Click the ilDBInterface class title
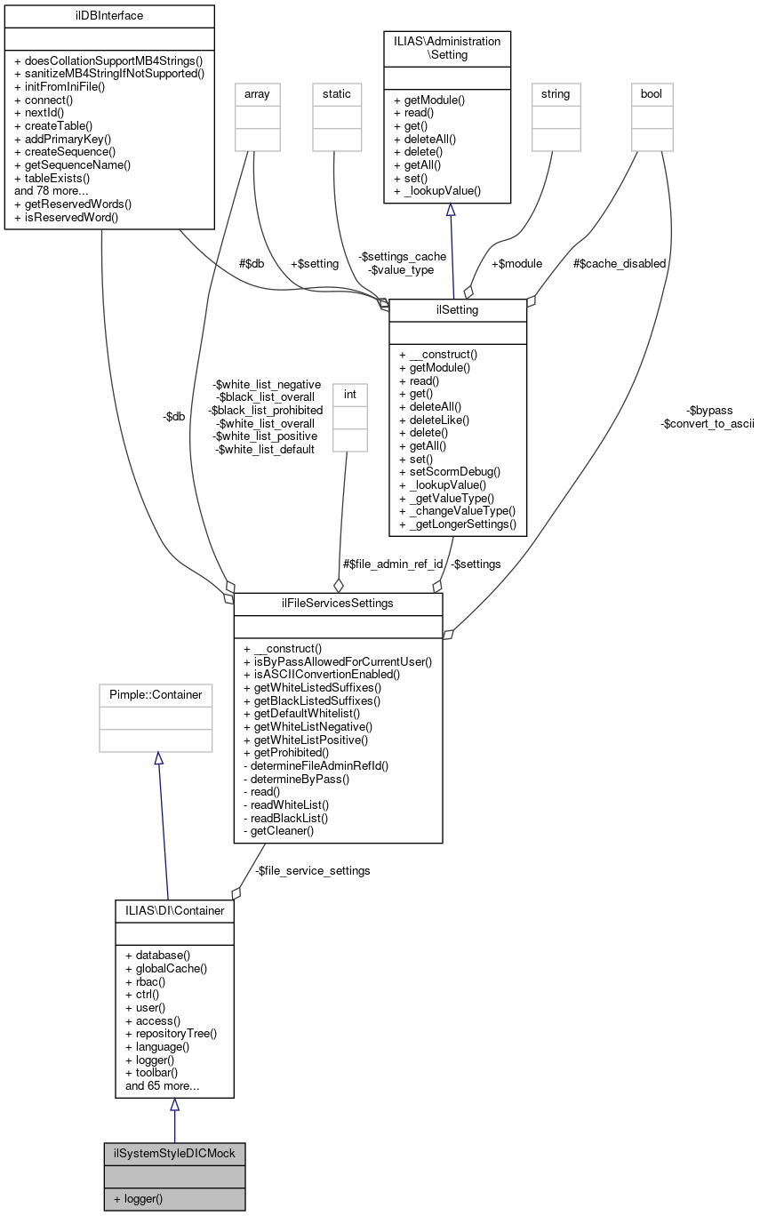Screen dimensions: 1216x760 tap(109, 15)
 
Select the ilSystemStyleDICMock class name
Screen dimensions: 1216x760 tap(174, 1153)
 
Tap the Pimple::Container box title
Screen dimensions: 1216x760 tap(156, 694)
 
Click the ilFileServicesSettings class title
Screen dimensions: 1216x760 tap(338, 604)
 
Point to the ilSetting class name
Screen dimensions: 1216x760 tap(458, 309)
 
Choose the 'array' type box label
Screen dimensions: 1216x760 tap(257, 93)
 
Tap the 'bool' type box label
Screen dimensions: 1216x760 tap(652, 93)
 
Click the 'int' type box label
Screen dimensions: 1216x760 tap(350, 393)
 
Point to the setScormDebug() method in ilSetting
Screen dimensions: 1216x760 tap(450, 471)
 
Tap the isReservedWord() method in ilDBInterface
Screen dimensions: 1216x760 tap(66, 216)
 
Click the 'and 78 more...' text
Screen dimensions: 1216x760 tap(52, 190)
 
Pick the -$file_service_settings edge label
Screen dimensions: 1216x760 tap(312, 870)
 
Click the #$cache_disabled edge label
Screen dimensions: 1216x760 tap(620, 263)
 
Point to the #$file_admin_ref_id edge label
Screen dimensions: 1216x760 tap(393, 564)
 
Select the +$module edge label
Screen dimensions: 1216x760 tap(516, 263)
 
